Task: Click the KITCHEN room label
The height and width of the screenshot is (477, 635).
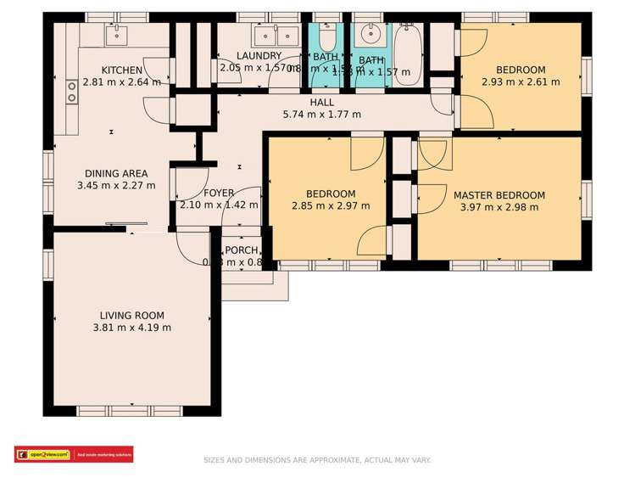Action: click(122, 70)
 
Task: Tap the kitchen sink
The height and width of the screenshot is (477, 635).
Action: click(115, 35)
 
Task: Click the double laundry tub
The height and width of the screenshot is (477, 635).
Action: click(277, 36)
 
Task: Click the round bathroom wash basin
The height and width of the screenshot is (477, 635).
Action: click(370, 36)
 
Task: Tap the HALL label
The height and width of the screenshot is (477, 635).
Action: click(321, 102)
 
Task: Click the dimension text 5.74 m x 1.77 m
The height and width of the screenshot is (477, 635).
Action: click(321, 115)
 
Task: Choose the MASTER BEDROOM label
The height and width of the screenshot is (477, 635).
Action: click(499, 194)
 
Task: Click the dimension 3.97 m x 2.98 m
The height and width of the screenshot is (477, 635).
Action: click(499, 206)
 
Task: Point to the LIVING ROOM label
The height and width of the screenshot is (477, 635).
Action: click(131, 315)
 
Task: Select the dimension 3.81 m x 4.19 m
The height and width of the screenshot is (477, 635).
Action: click(131, 328)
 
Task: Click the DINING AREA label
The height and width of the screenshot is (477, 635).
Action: click(116, 172)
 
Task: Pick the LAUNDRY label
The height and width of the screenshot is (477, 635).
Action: click(259, 56)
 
